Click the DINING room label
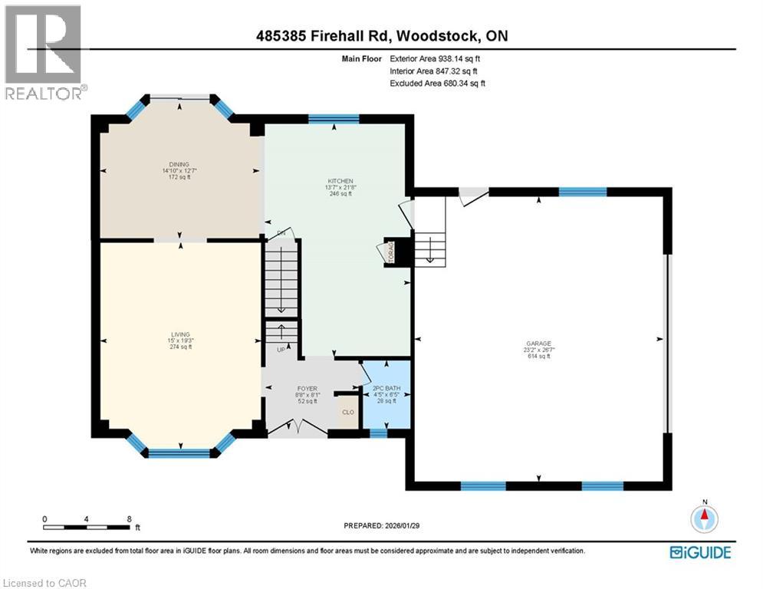[179, 163]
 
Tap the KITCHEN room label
[339, 181]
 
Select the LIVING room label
[180, 334]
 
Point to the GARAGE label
[539, 344]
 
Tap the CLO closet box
[348, 412]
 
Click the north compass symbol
[703, 519]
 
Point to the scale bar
[86, 527]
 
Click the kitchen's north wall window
[334, 118]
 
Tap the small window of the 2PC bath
[378, 433]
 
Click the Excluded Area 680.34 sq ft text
[437, 83]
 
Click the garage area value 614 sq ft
[539, 356]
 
